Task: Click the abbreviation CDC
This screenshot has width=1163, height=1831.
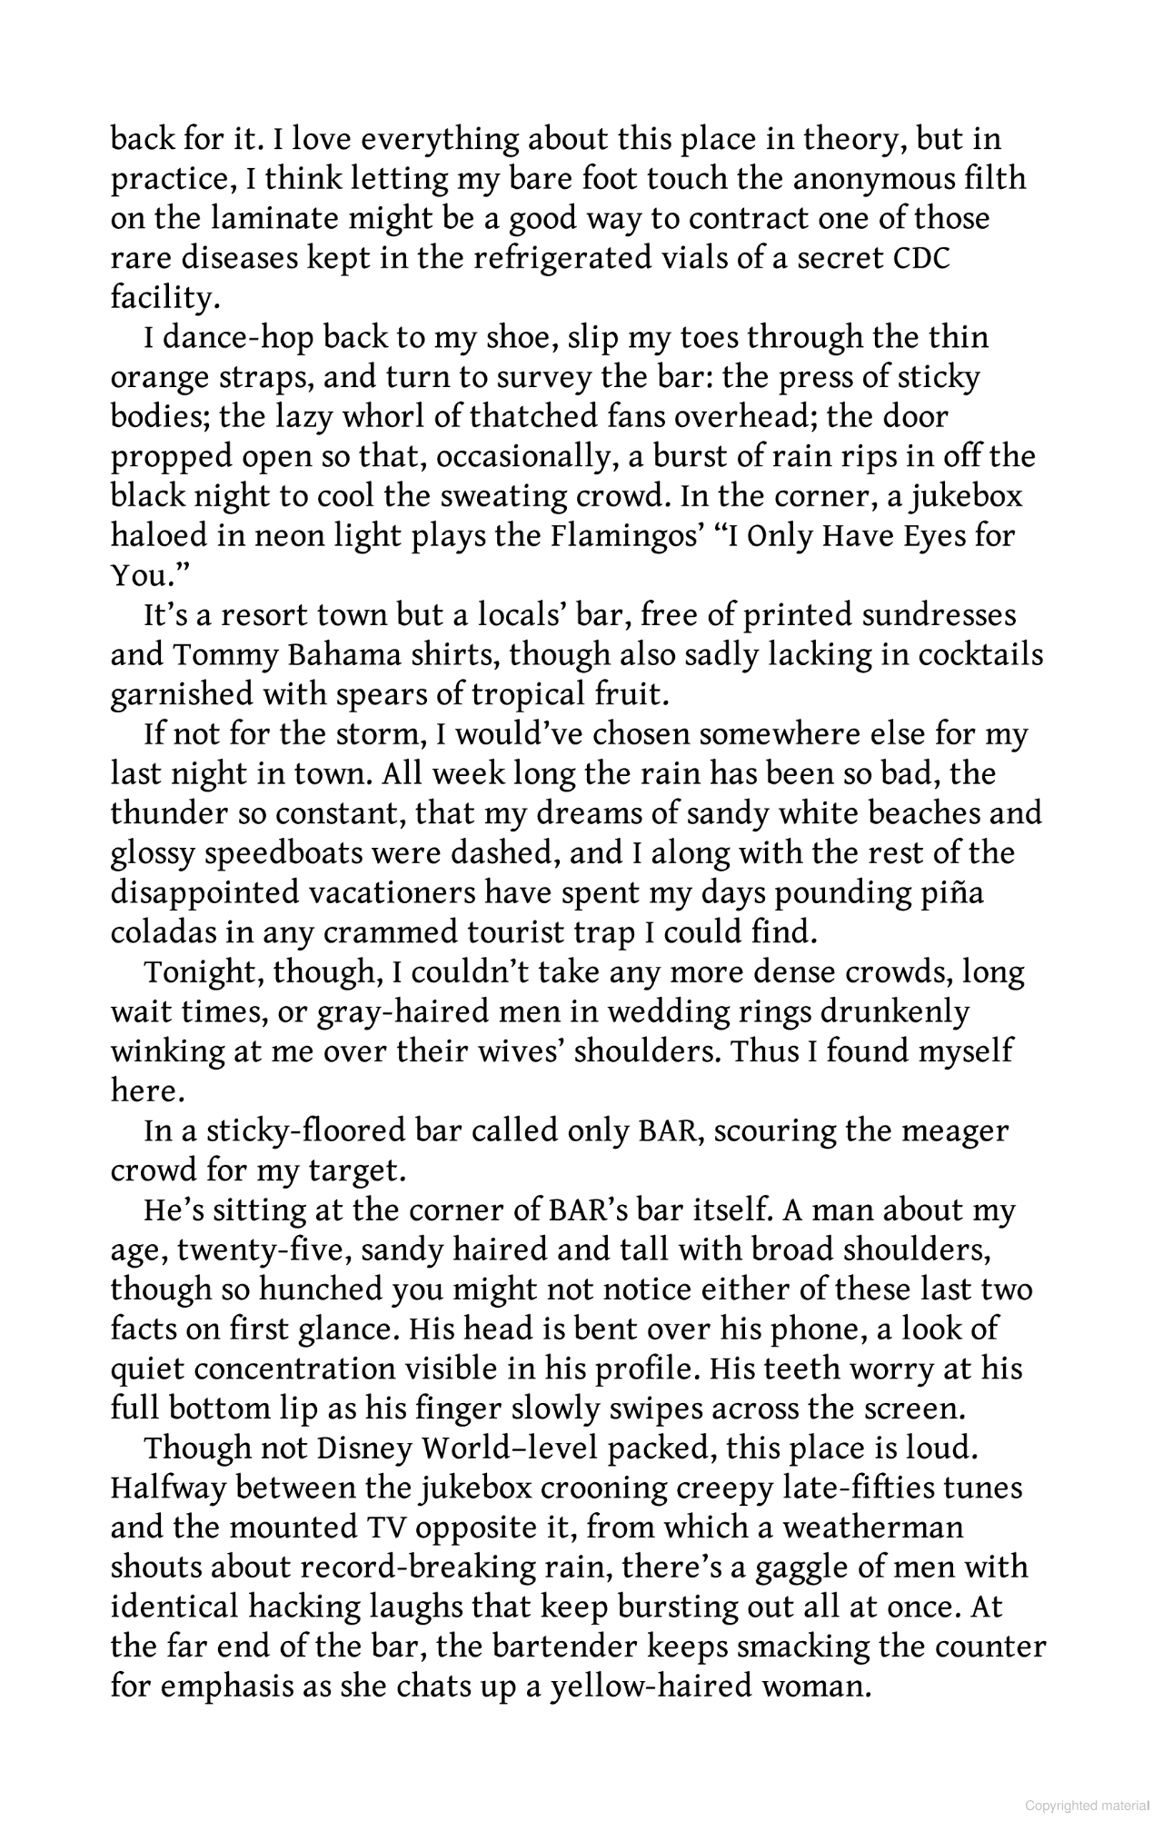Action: click(x=920, y=258)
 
